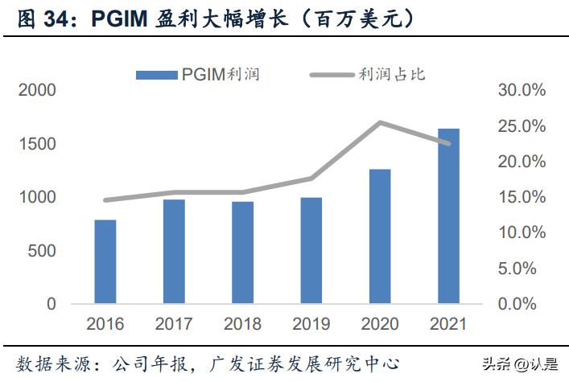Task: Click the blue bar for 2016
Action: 105,261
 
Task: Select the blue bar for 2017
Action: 174,252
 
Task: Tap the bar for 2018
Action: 242,253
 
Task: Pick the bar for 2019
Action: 311,250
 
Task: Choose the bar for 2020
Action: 380,236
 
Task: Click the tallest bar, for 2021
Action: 448,216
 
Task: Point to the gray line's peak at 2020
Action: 380,122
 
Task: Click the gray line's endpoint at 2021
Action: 448,144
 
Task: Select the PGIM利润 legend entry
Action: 198,75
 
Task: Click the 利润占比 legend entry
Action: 368,75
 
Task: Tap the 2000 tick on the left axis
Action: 39,90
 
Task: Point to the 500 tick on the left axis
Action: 45,251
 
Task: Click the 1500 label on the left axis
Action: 39,144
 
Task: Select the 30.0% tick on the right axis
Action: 521,90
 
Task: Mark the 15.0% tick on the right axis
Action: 521,197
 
